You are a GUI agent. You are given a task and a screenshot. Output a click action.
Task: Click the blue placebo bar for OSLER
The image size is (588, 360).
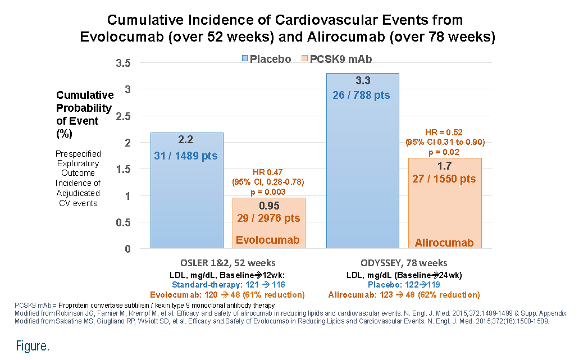coord(187,190)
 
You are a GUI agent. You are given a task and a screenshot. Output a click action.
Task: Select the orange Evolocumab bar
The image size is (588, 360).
coord(269,223)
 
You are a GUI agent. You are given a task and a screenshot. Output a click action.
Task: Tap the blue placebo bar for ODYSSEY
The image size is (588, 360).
coord(363,161)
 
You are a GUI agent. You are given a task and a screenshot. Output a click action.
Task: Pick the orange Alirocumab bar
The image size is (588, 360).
coord(445,203)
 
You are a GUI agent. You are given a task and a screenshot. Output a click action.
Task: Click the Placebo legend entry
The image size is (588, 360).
coord(266,59)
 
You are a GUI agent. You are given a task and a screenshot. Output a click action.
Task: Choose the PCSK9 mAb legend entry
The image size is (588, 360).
coord(337,59)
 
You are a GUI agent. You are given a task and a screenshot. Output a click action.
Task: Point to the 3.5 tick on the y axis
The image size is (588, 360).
coord(124,63)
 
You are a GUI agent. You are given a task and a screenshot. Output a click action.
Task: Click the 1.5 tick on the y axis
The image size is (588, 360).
coord(124,170)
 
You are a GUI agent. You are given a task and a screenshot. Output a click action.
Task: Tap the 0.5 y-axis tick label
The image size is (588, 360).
coord(124,223)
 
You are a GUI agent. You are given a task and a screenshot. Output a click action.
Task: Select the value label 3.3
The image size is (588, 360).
coord(363,81)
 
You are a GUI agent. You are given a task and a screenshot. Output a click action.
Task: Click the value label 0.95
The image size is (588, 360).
coord(269,206)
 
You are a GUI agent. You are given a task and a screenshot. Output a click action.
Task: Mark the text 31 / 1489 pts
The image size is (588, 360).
coord(186,156)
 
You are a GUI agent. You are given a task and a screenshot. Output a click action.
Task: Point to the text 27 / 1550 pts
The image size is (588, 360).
coord(444,179)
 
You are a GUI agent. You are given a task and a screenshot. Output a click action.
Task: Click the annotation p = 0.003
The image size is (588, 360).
coord(268,192)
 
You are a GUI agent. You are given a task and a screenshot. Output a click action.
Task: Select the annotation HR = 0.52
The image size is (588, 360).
coord(444,133)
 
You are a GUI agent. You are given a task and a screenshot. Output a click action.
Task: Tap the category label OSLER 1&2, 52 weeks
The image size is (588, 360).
coord(228,263)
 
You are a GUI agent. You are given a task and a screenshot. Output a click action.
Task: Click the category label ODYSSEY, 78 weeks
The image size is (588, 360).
coord(404,263)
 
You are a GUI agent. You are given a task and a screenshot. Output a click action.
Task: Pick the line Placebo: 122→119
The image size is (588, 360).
coord(404,285)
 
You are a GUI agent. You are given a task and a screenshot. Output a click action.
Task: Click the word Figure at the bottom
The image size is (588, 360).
coord(33,346)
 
